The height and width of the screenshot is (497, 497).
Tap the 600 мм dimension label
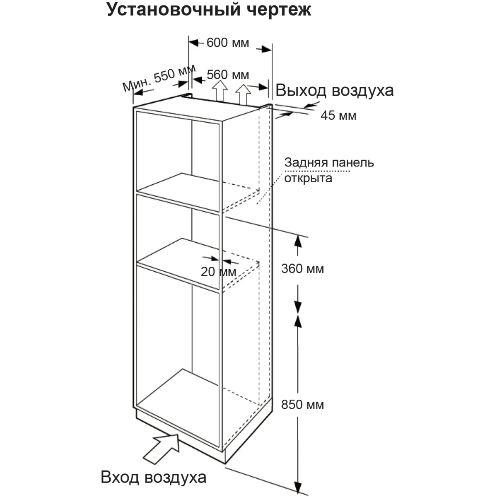(x=228, y=43)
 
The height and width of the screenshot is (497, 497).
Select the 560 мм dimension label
(x=228, y=75)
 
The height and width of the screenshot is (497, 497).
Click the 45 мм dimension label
(x=338, y=116)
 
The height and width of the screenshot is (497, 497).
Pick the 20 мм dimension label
(x=218, y=272)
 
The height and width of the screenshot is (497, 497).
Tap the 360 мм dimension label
(x=302, y=269)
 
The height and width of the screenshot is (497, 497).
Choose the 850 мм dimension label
(x=302, y=404)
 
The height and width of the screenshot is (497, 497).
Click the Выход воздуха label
(x=335, y=90)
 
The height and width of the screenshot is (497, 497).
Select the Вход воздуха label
(x=153, y=477)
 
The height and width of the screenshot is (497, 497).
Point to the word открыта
(x=308, y=178)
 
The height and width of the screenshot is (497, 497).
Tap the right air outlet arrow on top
(x=244, y=93)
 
